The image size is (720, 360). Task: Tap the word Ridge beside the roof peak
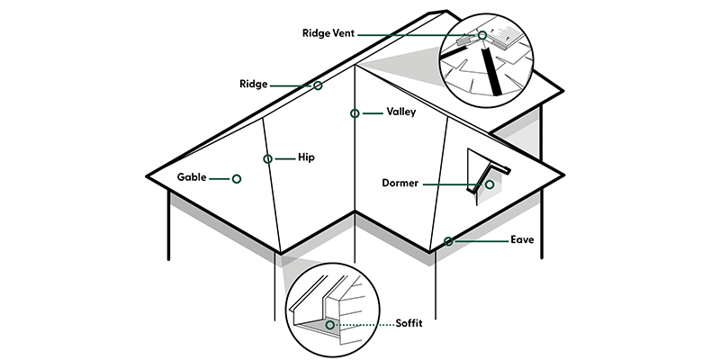point(253,85)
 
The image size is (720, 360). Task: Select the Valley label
point(400,112)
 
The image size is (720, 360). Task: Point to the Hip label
point(307,157)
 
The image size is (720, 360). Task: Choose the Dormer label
point(401,184)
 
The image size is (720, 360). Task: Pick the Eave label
point(523,240)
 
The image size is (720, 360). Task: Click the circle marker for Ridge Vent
point(482,35)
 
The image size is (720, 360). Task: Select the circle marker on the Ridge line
point(318,85)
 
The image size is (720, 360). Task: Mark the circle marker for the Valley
point(355,113)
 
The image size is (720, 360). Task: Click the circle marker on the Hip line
point(268,158)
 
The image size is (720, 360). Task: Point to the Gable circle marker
point(236,178)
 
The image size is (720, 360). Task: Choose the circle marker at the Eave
point(448,240)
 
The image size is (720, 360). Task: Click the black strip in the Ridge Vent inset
point(491,76)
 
